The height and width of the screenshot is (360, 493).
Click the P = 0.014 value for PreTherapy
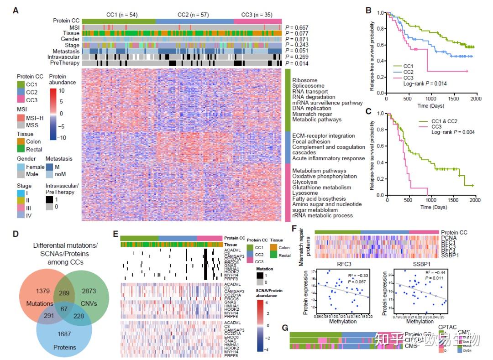[297, 63]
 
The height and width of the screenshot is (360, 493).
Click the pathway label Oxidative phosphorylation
[318, 177]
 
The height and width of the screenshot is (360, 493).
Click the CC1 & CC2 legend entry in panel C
[438, 121]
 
